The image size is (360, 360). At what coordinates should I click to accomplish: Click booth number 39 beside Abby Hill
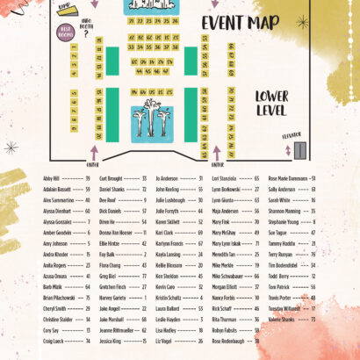pos(88,177)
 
